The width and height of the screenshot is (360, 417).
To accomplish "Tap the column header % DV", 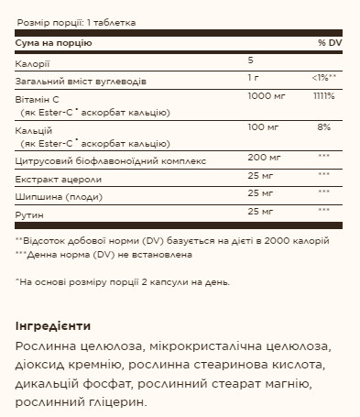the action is [x=329, y=43].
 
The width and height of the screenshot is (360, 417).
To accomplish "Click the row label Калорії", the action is [x=32, y=62].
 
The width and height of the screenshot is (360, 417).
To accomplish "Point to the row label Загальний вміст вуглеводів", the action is [x=78, y=79].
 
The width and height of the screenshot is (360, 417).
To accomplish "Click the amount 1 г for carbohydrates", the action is [x=254, y=79].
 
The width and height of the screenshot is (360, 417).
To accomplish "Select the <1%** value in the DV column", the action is [x=325, y=79].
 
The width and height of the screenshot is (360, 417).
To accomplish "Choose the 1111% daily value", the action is [x=323, y=95].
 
